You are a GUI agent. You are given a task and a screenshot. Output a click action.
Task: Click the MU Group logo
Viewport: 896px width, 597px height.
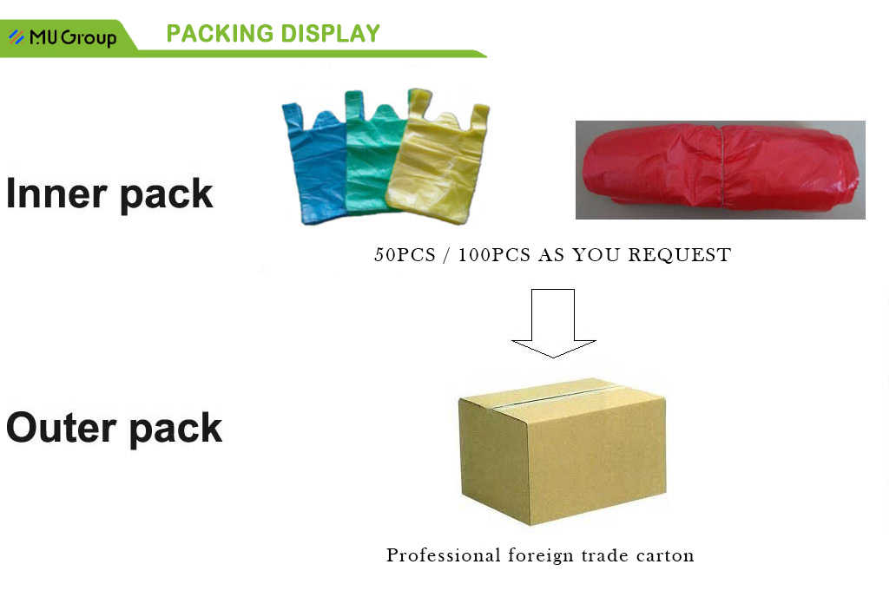tap(63, 37)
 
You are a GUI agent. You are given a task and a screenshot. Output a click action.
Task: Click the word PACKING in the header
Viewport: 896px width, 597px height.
tap(217, 34)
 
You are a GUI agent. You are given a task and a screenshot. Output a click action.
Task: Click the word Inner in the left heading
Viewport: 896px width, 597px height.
tap(56, 193)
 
